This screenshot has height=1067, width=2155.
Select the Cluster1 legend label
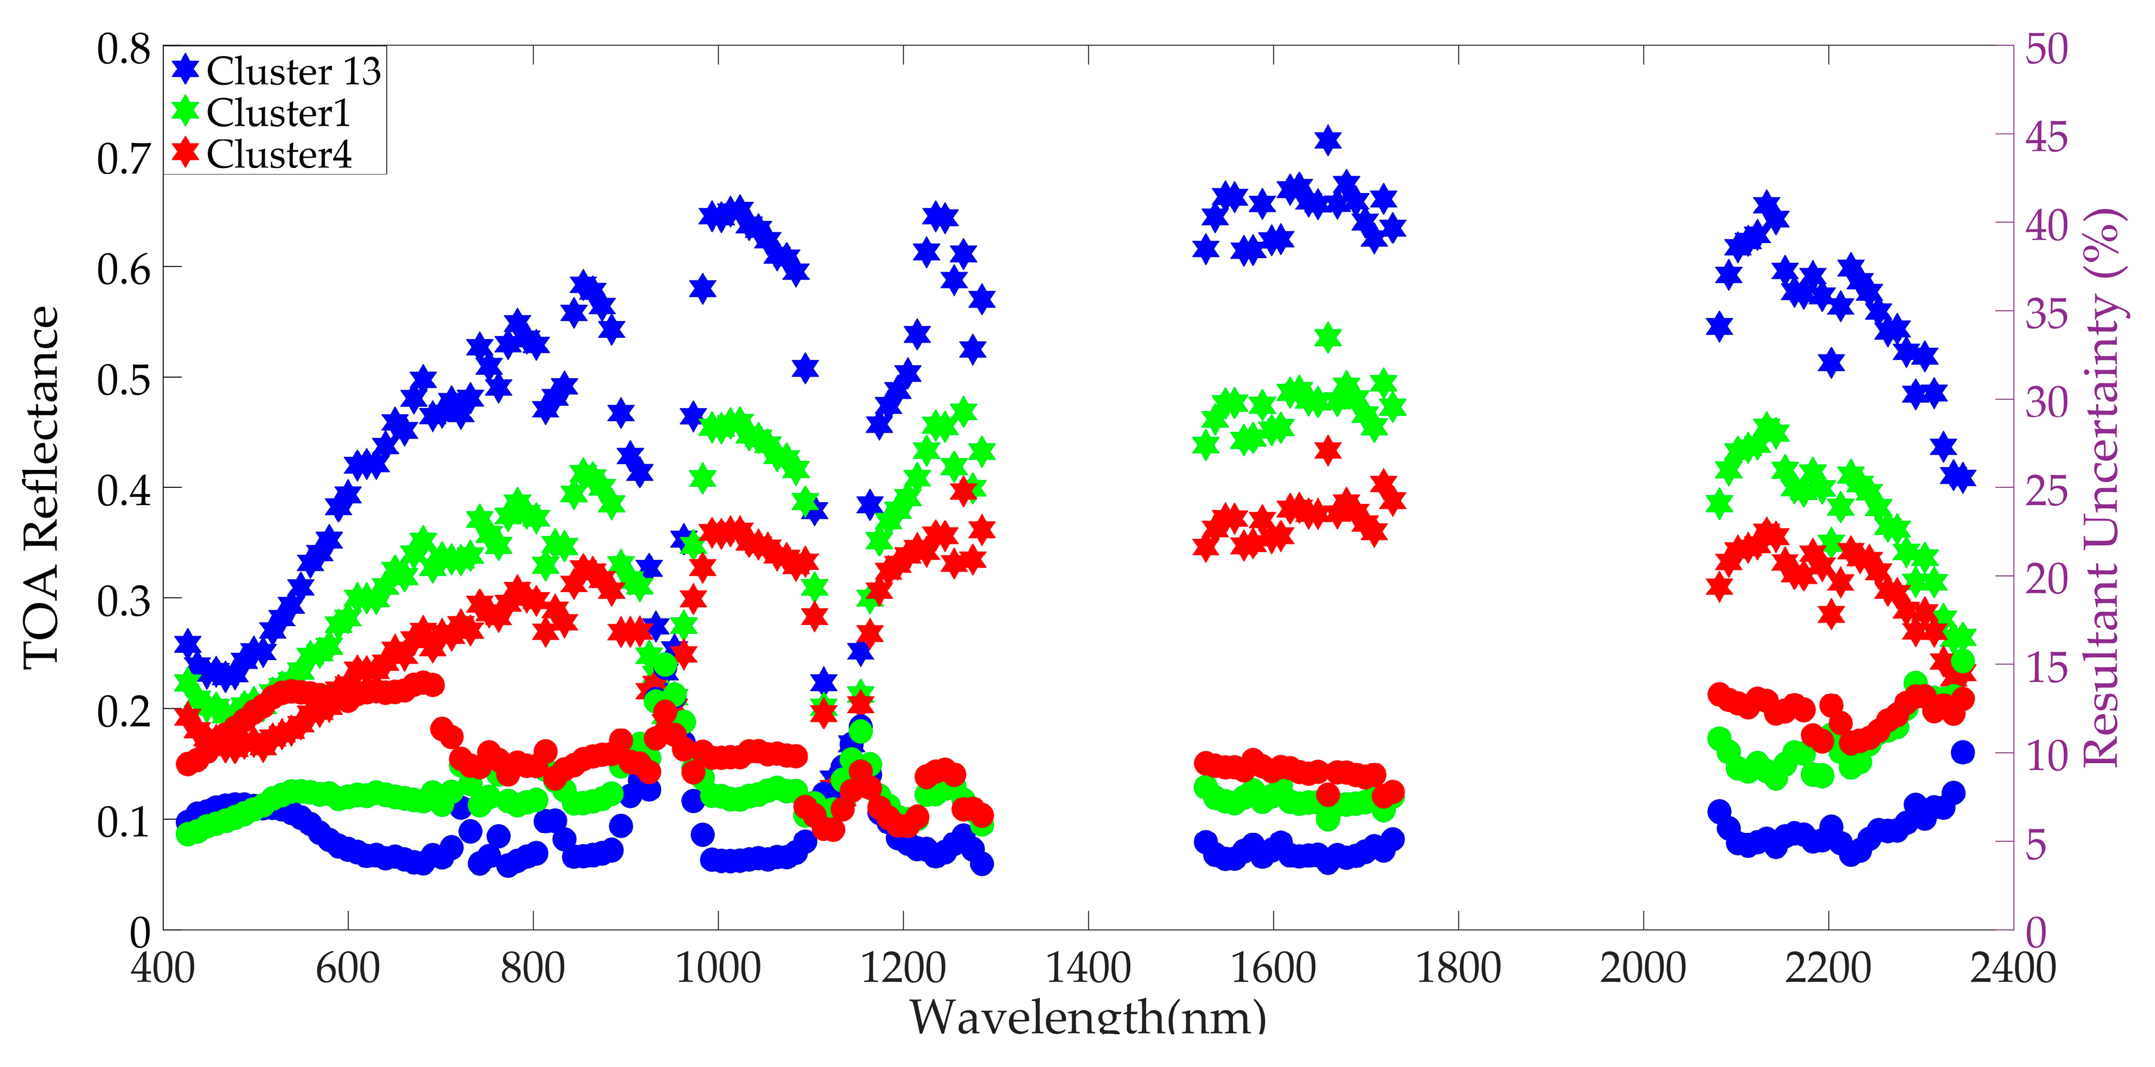click(x=278, y=113)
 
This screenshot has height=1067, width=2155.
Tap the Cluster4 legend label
click(x=278, y=155)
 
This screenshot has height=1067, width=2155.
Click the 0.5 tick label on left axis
click(x=124, y=379)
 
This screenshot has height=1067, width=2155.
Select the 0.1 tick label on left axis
click(x=124, y=821)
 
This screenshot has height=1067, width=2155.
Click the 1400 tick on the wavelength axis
click(x=1088, y=968)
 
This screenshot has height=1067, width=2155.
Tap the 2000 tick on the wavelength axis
click(x=1643, y=968)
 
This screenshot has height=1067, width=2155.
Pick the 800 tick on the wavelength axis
click(x=533, y=968)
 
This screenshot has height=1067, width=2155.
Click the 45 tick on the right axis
click(x=2047, y=136)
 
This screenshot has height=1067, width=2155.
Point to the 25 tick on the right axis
click(x=2047, y=490)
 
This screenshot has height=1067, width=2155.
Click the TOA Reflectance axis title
click(x=42, y=487)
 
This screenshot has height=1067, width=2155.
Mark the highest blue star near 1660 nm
click(x=1328, y=139)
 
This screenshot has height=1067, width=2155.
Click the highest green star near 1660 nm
click(x=1328, y=337)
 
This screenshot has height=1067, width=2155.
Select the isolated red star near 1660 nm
click(x=1328, y=450)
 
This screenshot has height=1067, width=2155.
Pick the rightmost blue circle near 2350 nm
click(x=1963, y=752)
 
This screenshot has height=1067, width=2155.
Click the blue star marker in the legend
click(x=186, y=70)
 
